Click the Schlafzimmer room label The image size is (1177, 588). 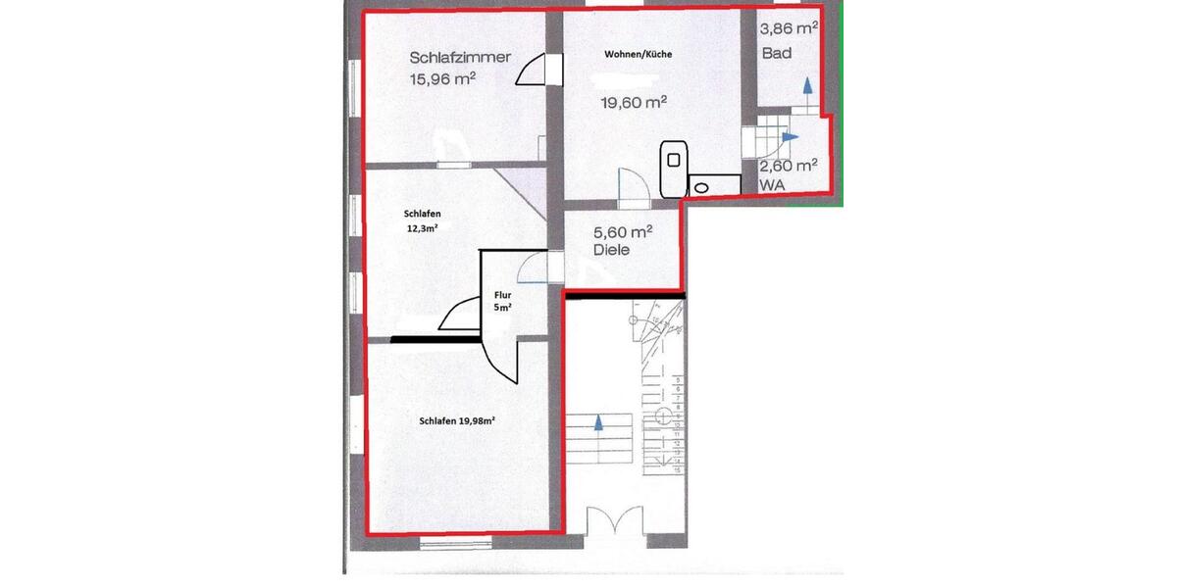click(460, 58)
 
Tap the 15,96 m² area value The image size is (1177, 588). click(442, 79)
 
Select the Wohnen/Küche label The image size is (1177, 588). click(639, 55)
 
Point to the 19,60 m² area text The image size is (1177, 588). click(634, 101)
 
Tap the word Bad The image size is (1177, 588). click(777, 53)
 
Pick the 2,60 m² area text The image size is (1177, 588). click(788, 166)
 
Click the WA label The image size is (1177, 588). click(770, 184)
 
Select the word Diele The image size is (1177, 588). click(611, 251)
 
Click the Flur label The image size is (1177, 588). click(502, 293)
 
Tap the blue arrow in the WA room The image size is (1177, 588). click(791, 137)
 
